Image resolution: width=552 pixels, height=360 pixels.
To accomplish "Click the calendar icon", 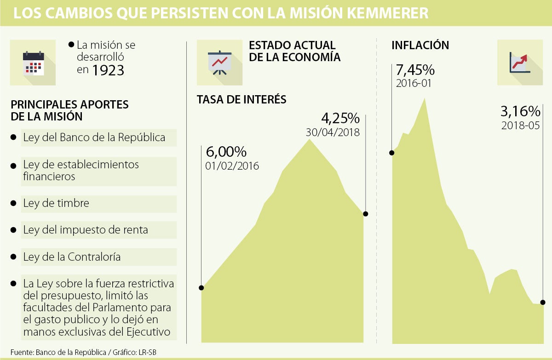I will (x=33, y=63).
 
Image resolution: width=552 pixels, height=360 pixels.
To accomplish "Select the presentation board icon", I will (x=219, y=63).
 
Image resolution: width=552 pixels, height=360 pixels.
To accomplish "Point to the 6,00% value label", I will (x=226, y=152).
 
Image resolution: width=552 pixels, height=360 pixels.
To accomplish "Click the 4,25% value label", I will (x=340, y=118).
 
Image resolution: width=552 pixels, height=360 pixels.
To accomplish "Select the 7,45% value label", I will (x=415, y=70).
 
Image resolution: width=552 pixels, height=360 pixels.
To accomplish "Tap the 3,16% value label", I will (x=520, y=112).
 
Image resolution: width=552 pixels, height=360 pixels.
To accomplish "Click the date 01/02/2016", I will (x=232, y=166).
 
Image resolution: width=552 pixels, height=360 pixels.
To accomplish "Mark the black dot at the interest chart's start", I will (x=201, y=288).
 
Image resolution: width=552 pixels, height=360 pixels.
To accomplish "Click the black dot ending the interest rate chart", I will (x=366, y=213).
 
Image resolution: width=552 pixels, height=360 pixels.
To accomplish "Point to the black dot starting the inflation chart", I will (x=392, y=153).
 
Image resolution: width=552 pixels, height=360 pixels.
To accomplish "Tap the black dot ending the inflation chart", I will (x=543, y=302).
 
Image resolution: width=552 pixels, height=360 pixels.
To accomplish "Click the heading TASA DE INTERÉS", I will (x=241, y=99).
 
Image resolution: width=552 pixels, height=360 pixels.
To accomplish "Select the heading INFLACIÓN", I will (x=420, y=46).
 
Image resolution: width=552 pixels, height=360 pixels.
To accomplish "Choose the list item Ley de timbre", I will (x=56, y=203).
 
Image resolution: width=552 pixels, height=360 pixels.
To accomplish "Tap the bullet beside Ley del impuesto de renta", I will (x=13, y=230).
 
